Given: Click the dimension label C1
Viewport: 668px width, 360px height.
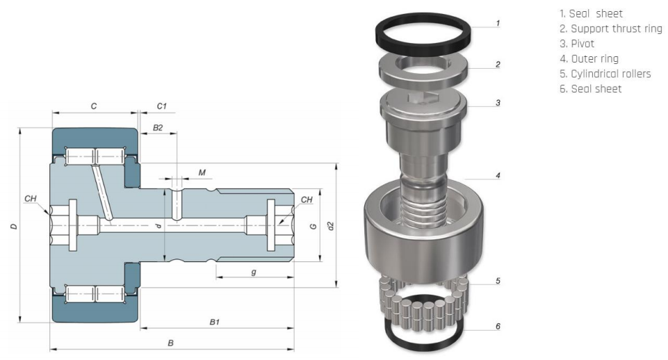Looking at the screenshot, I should coord(161,106).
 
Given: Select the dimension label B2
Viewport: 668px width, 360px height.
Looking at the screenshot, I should coord(158,128).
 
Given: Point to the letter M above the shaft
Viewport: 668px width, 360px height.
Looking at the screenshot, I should coord(202,172).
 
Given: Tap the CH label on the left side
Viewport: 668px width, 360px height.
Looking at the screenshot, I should coord(30,199).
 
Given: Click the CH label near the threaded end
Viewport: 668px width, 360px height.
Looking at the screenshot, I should coord(307,200).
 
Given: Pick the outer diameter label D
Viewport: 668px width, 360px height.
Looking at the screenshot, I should coord(14,227).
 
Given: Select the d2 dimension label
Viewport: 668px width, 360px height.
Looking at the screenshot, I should coord(332,226).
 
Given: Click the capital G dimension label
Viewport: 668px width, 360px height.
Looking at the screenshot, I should coord(313,226).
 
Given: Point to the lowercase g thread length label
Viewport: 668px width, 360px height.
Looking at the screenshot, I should coord(254,272).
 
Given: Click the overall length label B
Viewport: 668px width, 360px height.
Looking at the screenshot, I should coord(171,343).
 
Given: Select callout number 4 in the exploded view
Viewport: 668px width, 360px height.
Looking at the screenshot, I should coord(498,175).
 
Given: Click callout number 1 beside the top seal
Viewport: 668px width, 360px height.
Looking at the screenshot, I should coord(498,23).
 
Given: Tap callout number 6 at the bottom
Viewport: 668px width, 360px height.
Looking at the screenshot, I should coord(498,326).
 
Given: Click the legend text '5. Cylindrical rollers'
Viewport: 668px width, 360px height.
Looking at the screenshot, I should coord(605,73).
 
